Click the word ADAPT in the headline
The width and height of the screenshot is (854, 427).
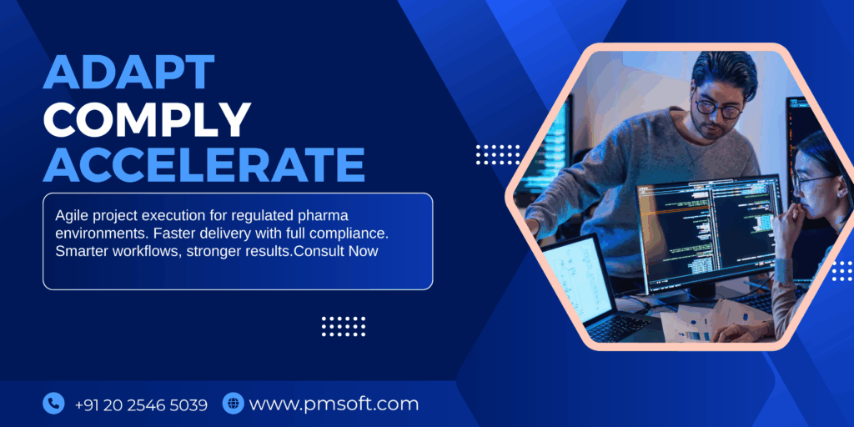click(x=129, y=72)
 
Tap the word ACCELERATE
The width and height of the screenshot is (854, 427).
click(x=203, y=164)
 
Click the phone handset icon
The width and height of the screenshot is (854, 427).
click(x=53, y=404)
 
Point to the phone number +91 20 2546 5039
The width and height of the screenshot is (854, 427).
click(x=141, y=404)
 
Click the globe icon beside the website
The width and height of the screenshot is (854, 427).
click(x=234, y=404)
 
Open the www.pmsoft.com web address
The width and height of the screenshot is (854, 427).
click(x=334, y=404)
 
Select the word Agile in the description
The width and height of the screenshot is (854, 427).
click(x=69, y=216)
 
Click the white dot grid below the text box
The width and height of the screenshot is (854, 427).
click(x=343, y=326)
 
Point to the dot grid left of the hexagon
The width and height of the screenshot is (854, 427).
click(x=497, y=154)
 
